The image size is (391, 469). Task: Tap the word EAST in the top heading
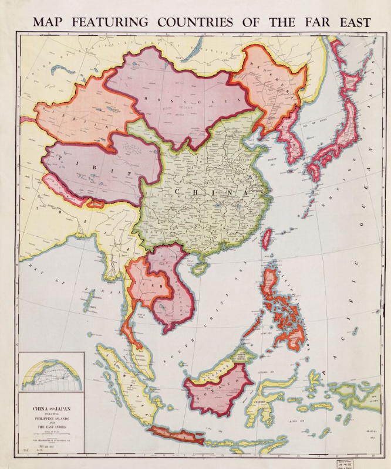(351, 22)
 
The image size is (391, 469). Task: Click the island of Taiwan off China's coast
(266, 238)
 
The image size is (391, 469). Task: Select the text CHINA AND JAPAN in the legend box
(51, 405)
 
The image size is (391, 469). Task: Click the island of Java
(176, 434)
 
